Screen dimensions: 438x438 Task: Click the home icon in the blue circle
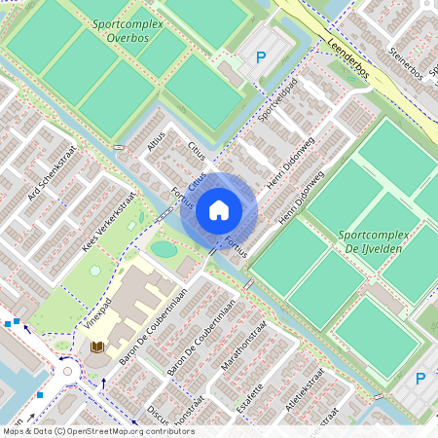coord(219,209)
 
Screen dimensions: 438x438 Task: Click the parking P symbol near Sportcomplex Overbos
coord(260,58)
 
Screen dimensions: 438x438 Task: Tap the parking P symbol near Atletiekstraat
coord(420,379)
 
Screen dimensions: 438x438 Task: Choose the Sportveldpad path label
coord(275,98)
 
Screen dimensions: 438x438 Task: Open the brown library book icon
coord(97,347)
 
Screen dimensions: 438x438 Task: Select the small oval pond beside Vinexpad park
coord(164,249)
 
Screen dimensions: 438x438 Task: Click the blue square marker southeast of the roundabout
coord(40,395)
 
